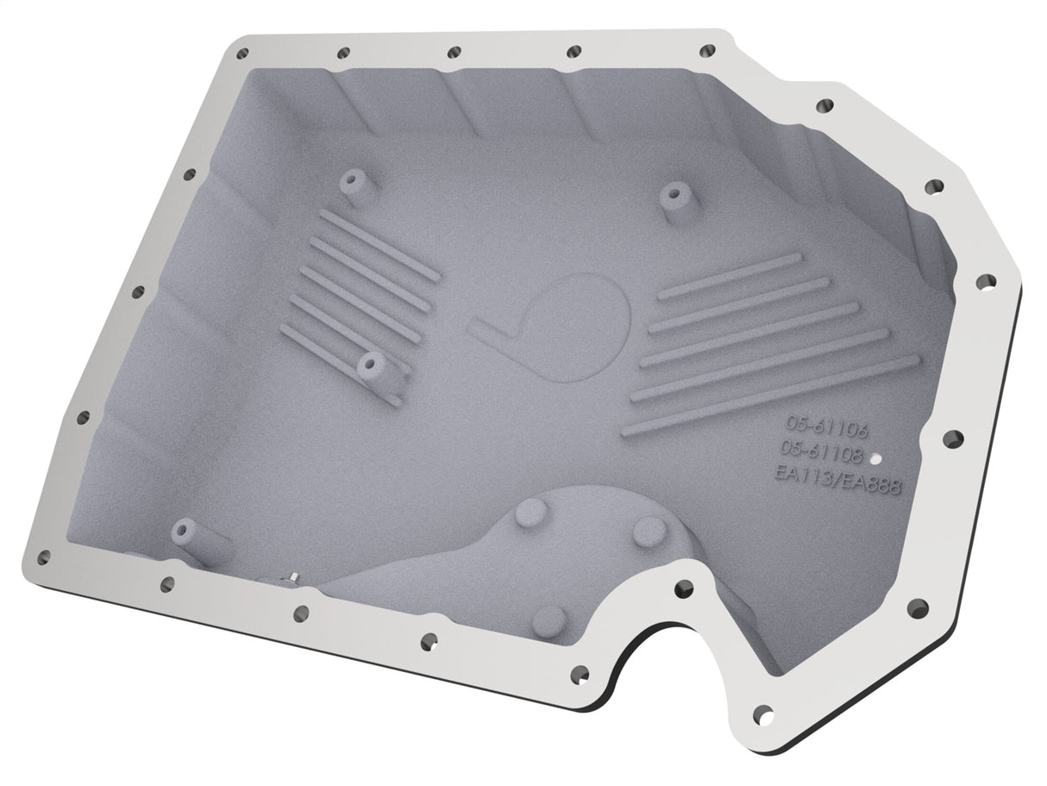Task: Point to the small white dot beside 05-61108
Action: tap(875, 459)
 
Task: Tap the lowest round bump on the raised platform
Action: tap(549, 619)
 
